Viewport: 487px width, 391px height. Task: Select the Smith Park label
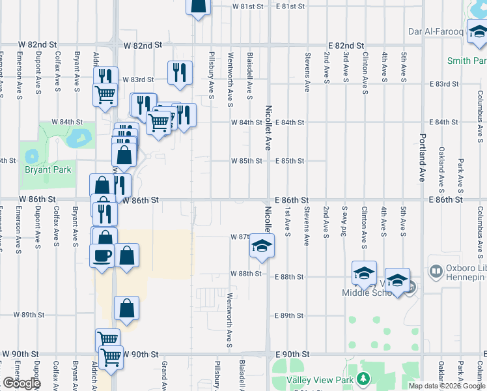click(467, 61)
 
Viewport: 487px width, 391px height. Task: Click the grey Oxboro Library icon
click(436, 269)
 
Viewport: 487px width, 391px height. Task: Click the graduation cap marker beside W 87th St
click(261, 246)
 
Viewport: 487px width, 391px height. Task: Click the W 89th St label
click(29, 315)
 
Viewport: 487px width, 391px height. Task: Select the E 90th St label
click(291, 354)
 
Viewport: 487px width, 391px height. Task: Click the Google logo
click(21, 383)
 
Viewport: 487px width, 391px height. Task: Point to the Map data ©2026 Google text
click(447, 386)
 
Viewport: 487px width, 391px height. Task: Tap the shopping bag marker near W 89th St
click(126, 308)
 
